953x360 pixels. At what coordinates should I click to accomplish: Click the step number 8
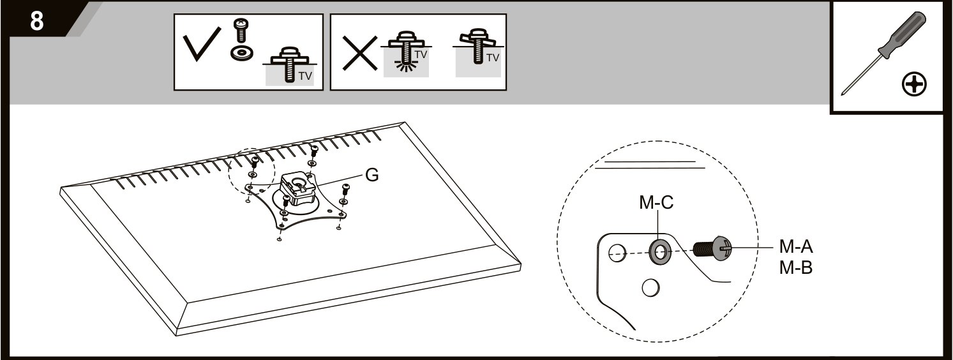[x=36, y=20]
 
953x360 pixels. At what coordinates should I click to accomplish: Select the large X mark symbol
[x=360, y=53]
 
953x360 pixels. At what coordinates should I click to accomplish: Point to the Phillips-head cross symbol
[x=914, y=85]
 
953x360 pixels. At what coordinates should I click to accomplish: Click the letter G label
[x=372, y=175]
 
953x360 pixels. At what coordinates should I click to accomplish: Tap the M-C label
[x=656, y=202]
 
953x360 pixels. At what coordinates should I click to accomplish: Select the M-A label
[x=796, y=246]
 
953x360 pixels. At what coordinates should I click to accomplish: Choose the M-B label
[x=796, y=267]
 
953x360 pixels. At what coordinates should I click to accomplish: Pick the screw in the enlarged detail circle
[x=712, y=248]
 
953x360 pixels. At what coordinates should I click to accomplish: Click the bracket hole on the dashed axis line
[x=617, y=253]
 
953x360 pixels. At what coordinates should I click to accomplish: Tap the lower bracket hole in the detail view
[x=650, y=288]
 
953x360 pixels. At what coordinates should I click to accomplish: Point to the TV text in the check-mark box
[x=305, y=76]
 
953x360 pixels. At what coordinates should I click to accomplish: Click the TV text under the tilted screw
[x=493, y=57]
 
